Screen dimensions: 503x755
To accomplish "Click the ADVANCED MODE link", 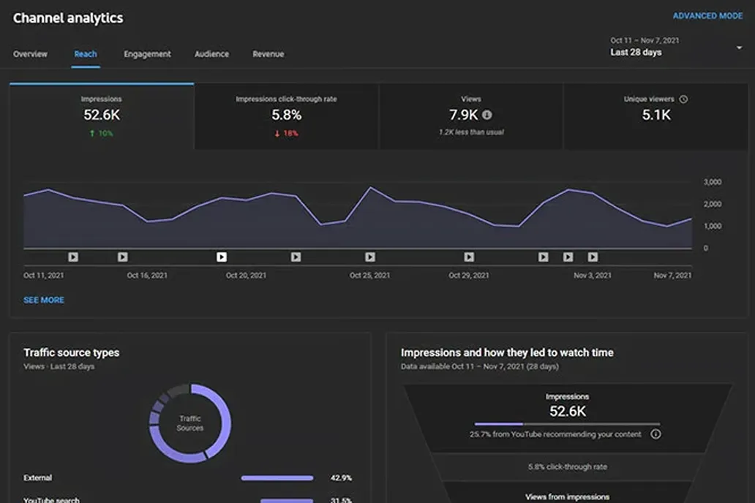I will pos(707,16).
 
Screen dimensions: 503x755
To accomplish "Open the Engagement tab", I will pos(147,54).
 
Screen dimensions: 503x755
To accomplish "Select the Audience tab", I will pos(211,54).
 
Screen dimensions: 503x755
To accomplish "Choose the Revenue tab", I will pos(268,54).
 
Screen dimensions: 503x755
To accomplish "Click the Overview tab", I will pos(30,54).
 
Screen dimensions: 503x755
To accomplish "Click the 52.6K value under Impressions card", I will pos(102,115).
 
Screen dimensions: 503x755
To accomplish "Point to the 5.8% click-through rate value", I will pos(286,115).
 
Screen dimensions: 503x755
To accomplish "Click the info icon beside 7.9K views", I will pos(487,115).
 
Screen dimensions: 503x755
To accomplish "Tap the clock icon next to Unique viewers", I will pos(683,99).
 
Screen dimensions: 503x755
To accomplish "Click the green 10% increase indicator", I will pos(102,134).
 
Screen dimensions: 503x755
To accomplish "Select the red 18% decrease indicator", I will pos(286,134).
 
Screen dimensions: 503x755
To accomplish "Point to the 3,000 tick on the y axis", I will pos(712,182).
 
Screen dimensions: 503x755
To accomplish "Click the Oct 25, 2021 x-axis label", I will pos(370,276).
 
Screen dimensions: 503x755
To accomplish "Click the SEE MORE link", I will pos(44,300).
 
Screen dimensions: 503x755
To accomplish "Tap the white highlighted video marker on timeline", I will pos(222,257).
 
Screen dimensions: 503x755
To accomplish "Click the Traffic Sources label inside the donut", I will pos(190,423).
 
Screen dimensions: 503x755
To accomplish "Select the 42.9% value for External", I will pos(341,478).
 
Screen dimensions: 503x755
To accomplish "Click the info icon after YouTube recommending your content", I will pos(656,434).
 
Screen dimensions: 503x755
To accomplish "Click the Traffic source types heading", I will pos(71,352).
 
